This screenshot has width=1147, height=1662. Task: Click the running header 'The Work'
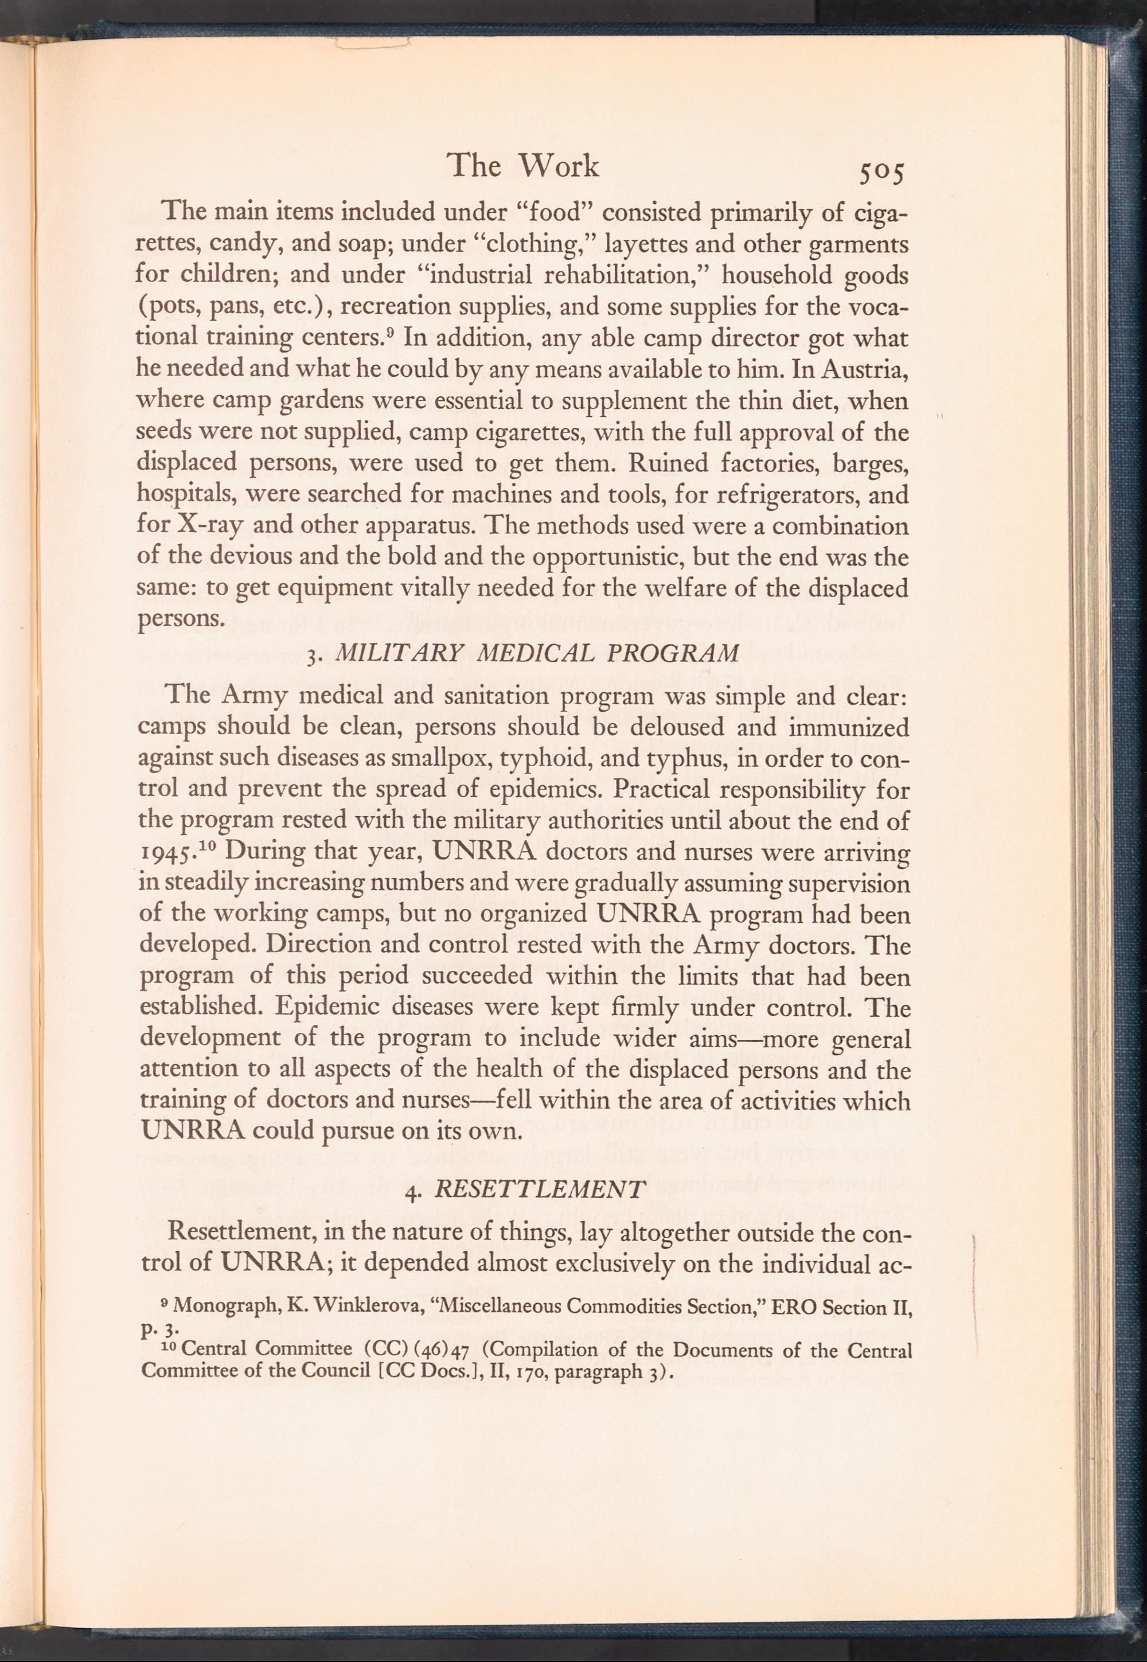pos(522,167)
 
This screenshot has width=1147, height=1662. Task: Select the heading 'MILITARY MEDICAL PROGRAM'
pos(537,654)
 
